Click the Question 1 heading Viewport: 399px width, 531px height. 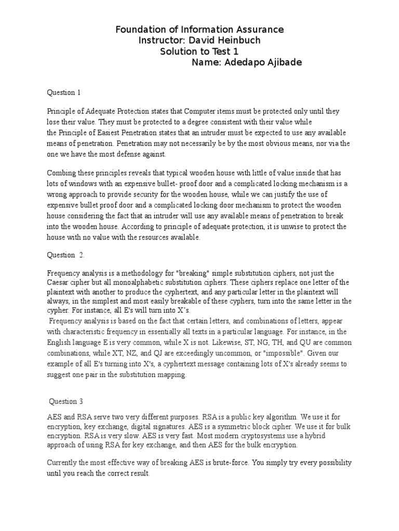64,93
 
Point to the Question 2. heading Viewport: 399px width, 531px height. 66,255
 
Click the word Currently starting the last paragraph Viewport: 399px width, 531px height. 63,463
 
